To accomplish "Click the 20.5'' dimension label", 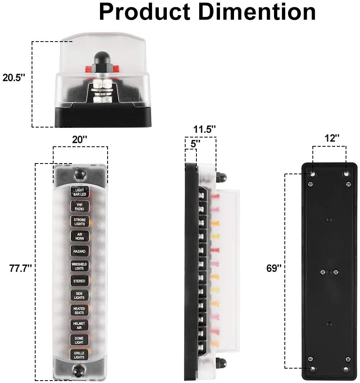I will (x=14, y=78).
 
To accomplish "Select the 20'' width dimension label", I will (x=80, y=140).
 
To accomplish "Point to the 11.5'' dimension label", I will (x=205, y=129).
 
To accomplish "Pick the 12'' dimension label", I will (x=332, y=138).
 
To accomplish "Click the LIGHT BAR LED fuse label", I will (x=80, y=192).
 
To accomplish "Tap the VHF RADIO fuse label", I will (x=80, y=206).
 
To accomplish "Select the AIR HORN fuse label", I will (x=80, y=236).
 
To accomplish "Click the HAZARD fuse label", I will (x=80, y=251).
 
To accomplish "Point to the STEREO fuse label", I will (x=80, y=281).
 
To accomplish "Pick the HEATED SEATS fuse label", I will (x=80, y=310).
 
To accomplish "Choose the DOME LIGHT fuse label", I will (x=80, y=340).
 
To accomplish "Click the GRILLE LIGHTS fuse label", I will (x=80, y=354).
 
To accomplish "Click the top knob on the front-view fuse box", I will (x=80, y=173).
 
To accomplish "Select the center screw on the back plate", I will (x=323, y=272).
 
